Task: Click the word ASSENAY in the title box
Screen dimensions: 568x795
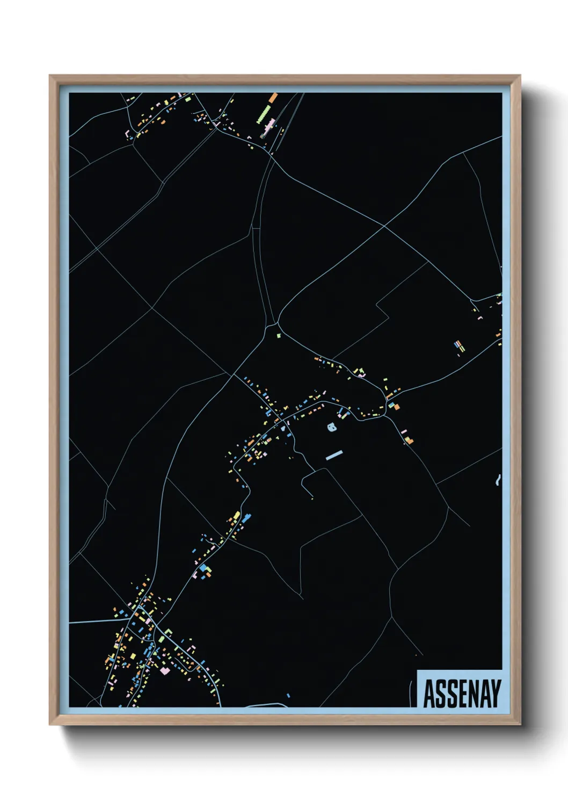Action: (462, 693)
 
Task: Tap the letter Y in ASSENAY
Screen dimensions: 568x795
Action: (495, 693)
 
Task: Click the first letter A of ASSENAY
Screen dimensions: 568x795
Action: (429, 693)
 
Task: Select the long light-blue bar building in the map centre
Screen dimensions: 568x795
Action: (333, 456)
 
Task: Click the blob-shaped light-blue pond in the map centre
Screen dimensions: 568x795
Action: (332, 427)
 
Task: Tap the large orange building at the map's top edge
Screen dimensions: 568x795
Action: (273, 98)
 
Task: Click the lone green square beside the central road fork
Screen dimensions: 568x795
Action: (278, 336)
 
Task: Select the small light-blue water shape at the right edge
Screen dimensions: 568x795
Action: (498, 480)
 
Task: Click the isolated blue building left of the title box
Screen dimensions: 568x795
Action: (288, 696)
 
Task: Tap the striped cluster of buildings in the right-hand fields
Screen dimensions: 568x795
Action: (459, 346)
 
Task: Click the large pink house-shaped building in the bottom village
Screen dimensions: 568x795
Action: (165, 670)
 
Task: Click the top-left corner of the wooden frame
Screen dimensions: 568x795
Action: (50, 76)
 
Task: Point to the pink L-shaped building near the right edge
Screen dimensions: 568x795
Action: (480, 317)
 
